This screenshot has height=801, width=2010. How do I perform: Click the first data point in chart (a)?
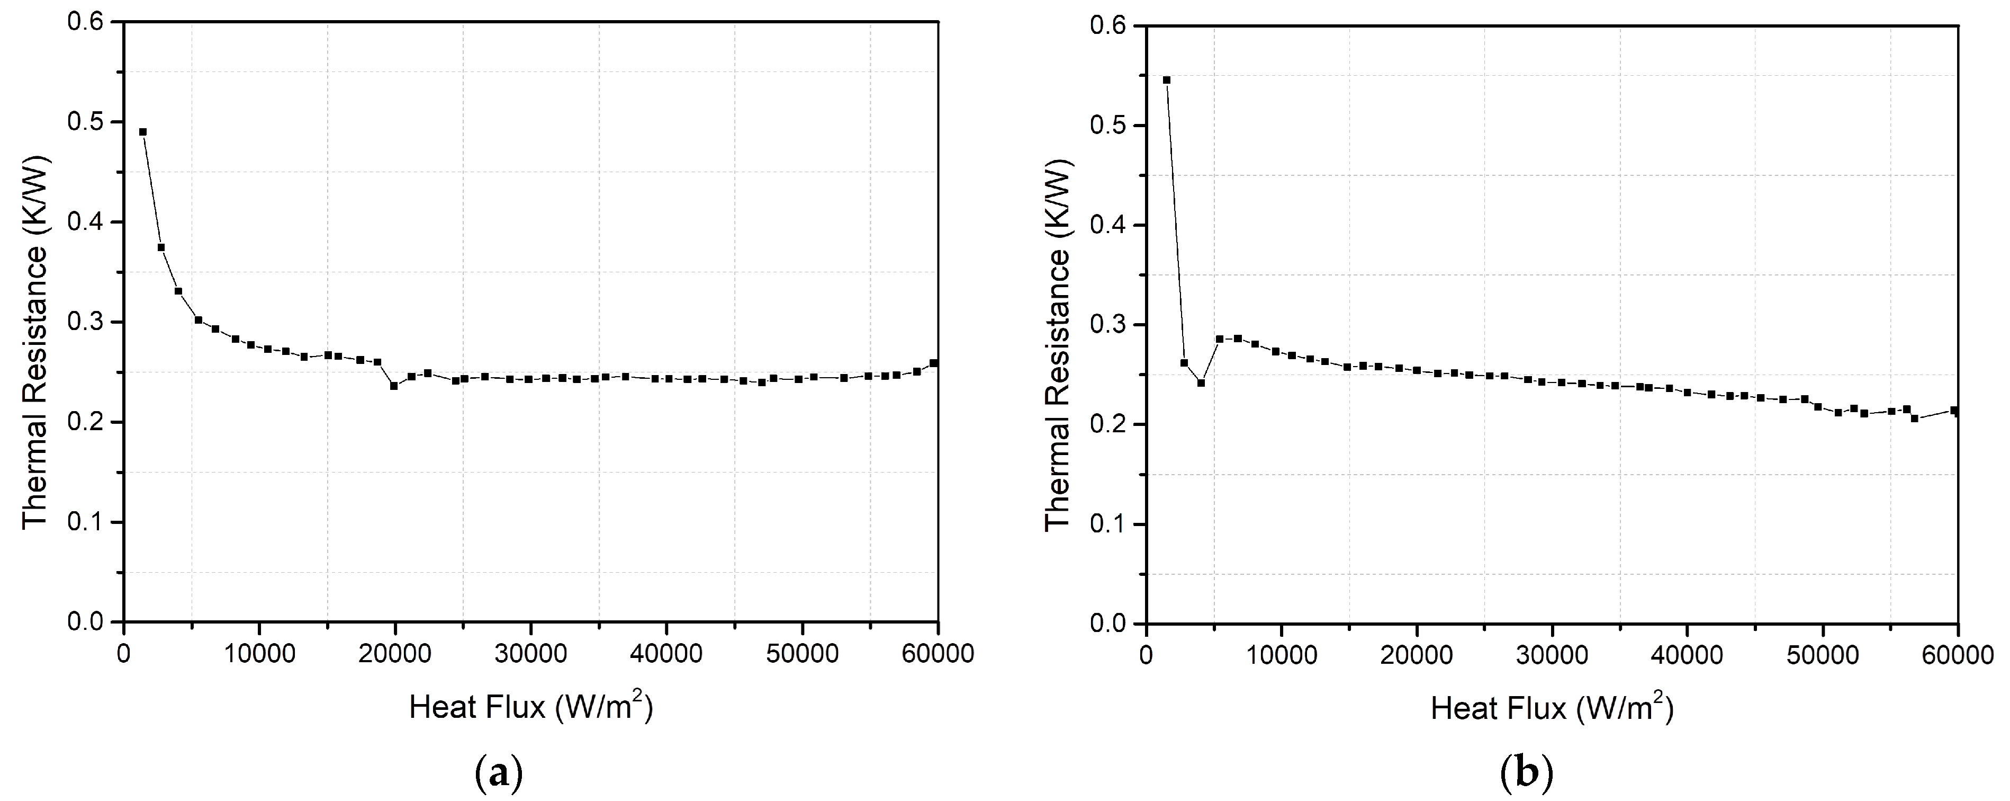[x=143, y=132]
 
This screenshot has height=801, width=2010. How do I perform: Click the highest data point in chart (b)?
[x=1167, y=79]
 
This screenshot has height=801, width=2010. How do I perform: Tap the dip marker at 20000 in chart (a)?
[x=394, y=386]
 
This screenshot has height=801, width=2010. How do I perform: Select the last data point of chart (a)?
[x=934, y=363]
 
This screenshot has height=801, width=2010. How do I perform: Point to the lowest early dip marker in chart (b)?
[x=1201, y=382]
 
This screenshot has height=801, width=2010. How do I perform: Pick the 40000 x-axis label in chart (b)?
[x=1688, y=654]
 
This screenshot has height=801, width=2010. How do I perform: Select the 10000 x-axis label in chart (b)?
[x=1281, y=654]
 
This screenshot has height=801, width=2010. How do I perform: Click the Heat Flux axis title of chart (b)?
[x=1553, y=709]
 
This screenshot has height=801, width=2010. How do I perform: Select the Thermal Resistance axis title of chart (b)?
[x=1058, y=345]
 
